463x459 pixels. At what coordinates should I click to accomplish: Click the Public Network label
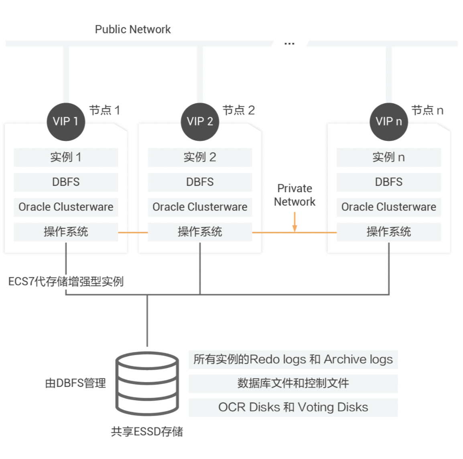(x=132, y=30)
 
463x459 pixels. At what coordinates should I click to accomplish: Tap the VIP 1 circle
(x=66, y=122)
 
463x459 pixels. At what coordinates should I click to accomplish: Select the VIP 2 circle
(x=200, y=122)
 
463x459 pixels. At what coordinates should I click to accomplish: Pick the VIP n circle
(x=389, y=122)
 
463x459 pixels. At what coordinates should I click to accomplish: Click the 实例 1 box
(x=66, y=157)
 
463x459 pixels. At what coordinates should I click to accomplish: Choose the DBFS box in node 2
(x=200, y=182)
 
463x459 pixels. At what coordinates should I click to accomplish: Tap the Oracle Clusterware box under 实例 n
(x=389, y=207)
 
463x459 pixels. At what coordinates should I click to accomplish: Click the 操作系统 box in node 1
(x=66, y=232)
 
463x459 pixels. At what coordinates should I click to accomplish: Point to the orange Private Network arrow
(x=294, y=221)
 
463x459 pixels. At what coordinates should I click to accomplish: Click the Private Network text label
(x=294, y=195)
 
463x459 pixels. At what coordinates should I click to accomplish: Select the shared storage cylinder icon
(x=147, y=383)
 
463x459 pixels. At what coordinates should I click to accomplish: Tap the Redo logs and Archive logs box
(x=293, y=360)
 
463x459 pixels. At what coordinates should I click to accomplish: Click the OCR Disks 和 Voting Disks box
(x=293, y=407)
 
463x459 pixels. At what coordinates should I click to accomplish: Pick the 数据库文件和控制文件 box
(x=293, y=384)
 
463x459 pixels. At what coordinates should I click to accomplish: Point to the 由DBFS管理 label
(x=75, y=383)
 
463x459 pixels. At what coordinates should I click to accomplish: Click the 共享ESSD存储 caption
(x=147, y=432)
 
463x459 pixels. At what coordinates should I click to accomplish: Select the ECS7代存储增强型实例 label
(x=66, y=282)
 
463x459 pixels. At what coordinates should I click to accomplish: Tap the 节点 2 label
(x=239, y=111)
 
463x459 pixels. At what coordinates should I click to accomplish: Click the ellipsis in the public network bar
(x=289, y=44)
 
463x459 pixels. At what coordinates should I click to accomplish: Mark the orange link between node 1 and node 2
(x=133, y=233)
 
